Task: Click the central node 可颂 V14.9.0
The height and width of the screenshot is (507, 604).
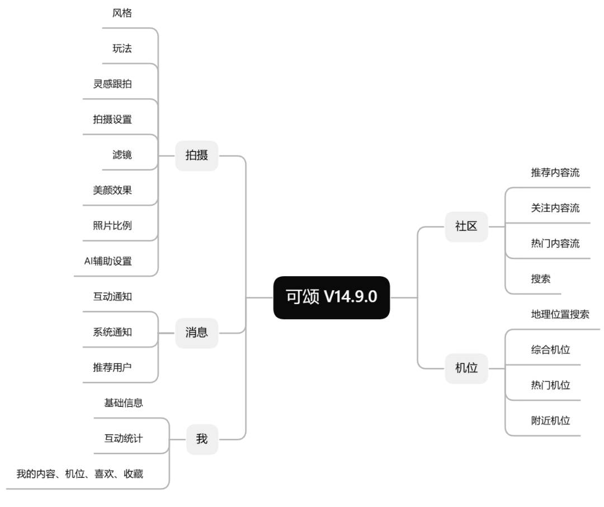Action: (x=331, y=298)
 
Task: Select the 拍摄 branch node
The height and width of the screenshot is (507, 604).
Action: (x=196, y=155)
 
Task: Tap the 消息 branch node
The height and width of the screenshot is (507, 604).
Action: (x=196, y=333)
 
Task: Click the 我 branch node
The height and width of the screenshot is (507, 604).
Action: (x=201, y=439)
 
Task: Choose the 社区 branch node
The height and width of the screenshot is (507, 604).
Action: (x=466, y=226)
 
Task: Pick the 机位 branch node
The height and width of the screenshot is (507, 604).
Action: (x=466, y=368)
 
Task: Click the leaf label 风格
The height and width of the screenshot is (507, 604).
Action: (x=122, y=13)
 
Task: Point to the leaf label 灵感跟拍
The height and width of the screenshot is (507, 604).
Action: (x=112, y=84)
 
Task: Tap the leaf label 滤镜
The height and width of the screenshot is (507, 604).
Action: (x=122, y=155)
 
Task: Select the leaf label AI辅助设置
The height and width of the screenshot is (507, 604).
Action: (x=104, y=261)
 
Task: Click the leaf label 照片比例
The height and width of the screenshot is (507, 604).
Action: (x=112, y=226)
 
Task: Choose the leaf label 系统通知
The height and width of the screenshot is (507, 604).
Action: (x=112, y=332)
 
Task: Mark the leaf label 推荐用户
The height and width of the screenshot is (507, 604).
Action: (x=112, y=367)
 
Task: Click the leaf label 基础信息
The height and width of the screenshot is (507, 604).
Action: (x=123, y=403)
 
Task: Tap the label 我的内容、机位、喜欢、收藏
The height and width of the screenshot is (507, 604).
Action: (x=79, y=474)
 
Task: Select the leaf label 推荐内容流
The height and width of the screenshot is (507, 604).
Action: (x=555, y=173)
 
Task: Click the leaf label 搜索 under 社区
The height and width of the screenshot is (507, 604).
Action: (x=540, y=279)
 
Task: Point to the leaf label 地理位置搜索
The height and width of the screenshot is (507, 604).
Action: (x=559, y=314)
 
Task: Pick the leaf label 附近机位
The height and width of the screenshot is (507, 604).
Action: (x=550, y=420)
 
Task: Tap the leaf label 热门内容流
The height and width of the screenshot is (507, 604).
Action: (x=555, y=244)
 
